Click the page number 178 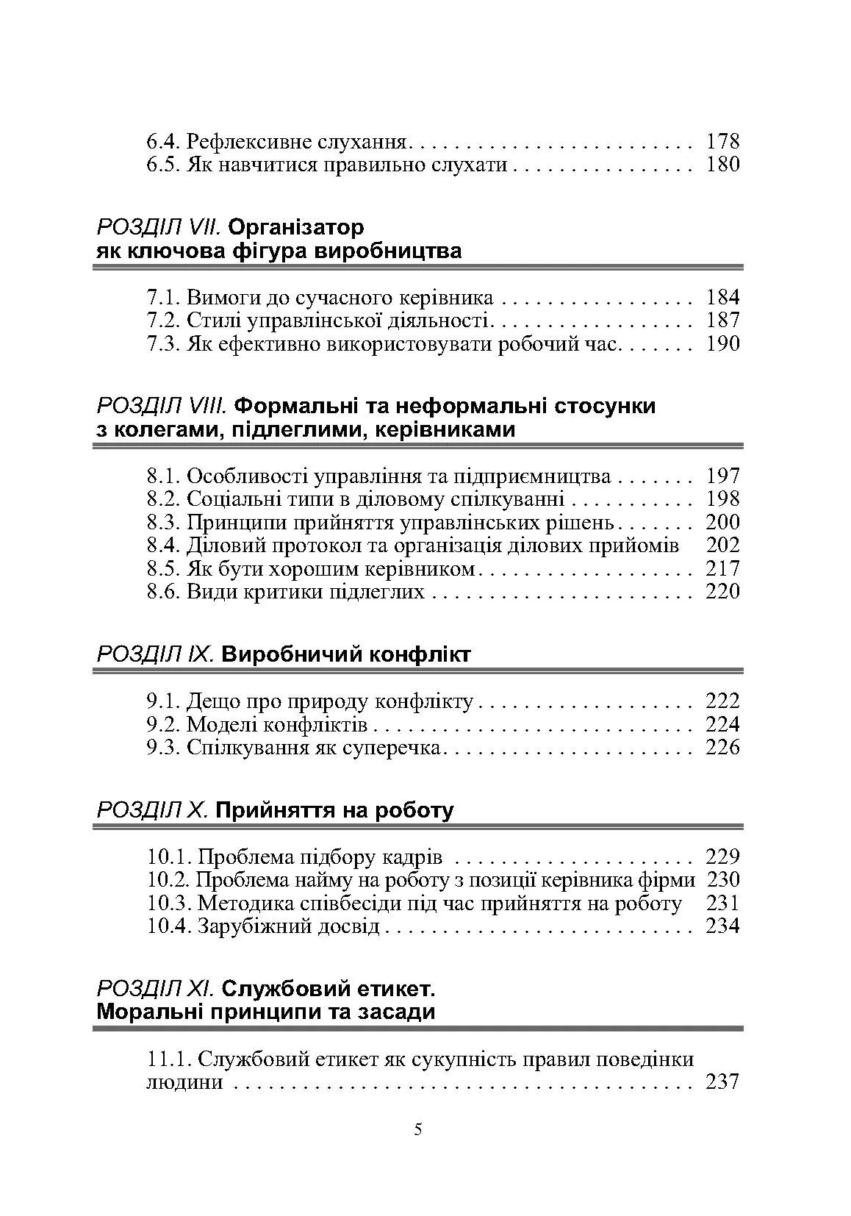tap(722, 141)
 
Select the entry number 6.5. tap(163, 164)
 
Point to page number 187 tap(722, 321)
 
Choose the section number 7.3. tap(163, 344)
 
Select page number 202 tap(722, 546)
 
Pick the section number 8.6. tap(163, 592)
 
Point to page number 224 tap(722, 725)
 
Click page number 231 tap(722, 904)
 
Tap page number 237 tap(722, 1082)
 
